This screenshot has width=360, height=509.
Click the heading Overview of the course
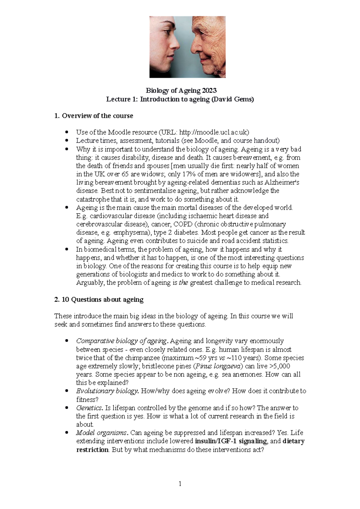(97, 116)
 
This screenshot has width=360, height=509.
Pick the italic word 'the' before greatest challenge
(183, 283)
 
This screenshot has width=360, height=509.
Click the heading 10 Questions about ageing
(102, 299)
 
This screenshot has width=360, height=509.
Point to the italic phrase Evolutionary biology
(107, 391)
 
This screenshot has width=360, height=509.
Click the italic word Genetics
(89, 408)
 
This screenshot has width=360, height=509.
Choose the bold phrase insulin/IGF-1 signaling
(231, 441)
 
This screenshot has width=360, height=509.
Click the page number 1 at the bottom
(180, 484)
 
